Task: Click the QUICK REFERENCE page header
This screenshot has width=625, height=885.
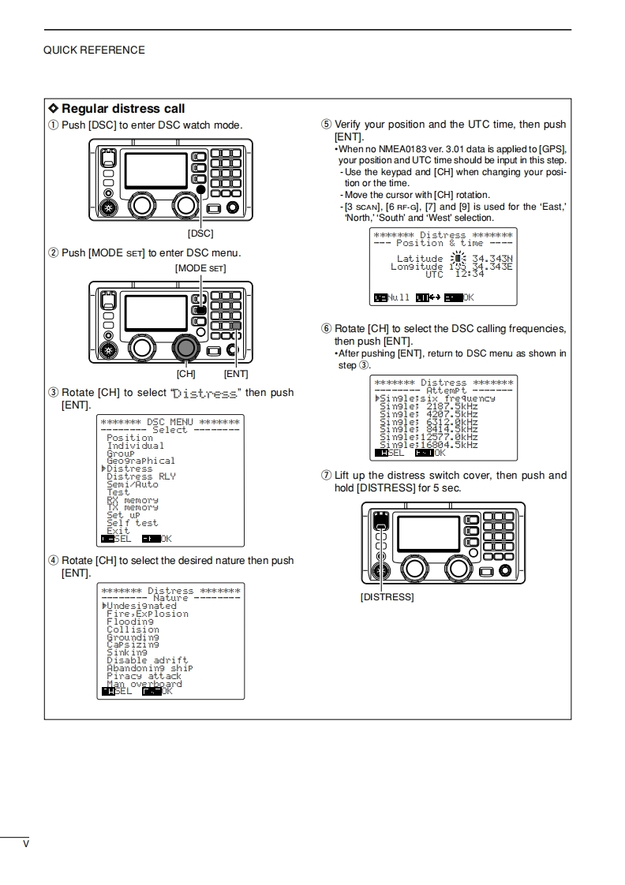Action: pos(94,50)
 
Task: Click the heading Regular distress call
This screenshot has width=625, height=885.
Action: pos(123,109)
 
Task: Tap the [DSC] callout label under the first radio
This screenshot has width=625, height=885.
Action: pos(200,233)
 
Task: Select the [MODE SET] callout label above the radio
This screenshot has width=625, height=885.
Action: pos(200,268)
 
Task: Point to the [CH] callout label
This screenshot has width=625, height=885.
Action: pos(185,374)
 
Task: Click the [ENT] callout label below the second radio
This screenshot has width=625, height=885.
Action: pos(235,374)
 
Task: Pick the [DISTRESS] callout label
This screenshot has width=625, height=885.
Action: pos(387,597)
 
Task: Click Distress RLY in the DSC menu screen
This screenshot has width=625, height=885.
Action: pos(141,476)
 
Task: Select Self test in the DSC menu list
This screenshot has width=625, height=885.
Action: pos(132,522)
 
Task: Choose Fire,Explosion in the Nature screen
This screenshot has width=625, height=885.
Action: pos(148,614)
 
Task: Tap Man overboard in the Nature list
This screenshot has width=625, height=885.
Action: pos(144,684)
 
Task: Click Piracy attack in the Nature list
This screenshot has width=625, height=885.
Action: pos(144,676)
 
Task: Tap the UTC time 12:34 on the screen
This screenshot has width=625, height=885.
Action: pos(470,274)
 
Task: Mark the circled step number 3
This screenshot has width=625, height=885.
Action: pos(53,393)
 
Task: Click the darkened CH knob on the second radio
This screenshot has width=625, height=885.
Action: pos(186,347)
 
